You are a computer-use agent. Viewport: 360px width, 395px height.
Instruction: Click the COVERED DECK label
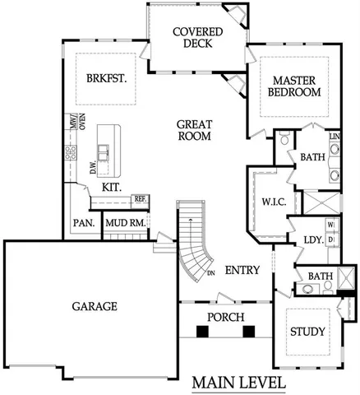(x=192, y=38)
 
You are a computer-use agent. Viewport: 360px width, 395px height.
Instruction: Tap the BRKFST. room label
(x=104, y=79)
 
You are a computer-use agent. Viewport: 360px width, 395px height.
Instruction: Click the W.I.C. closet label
(x=272, y=201)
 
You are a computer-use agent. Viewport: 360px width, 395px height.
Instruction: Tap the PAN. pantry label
(x=83, y=223)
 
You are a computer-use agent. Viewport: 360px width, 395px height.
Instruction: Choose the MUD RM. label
(x=127, y=223)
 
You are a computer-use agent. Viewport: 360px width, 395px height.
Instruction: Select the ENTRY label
(x=242, y=270)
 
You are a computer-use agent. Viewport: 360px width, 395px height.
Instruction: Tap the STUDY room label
(x=307, y=332)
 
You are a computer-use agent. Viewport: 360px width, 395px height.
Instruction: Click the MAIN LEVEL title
(x=239, y=383)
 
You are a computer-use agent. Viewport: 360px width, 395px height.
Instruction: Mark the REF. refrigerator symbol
(x=140, y=198)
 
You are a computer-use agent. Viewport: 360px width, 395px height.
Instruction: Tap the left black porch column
(x=202, y=332)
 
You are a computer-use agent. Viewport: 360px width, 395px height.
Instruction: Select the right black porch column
(x=248, y=332)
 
